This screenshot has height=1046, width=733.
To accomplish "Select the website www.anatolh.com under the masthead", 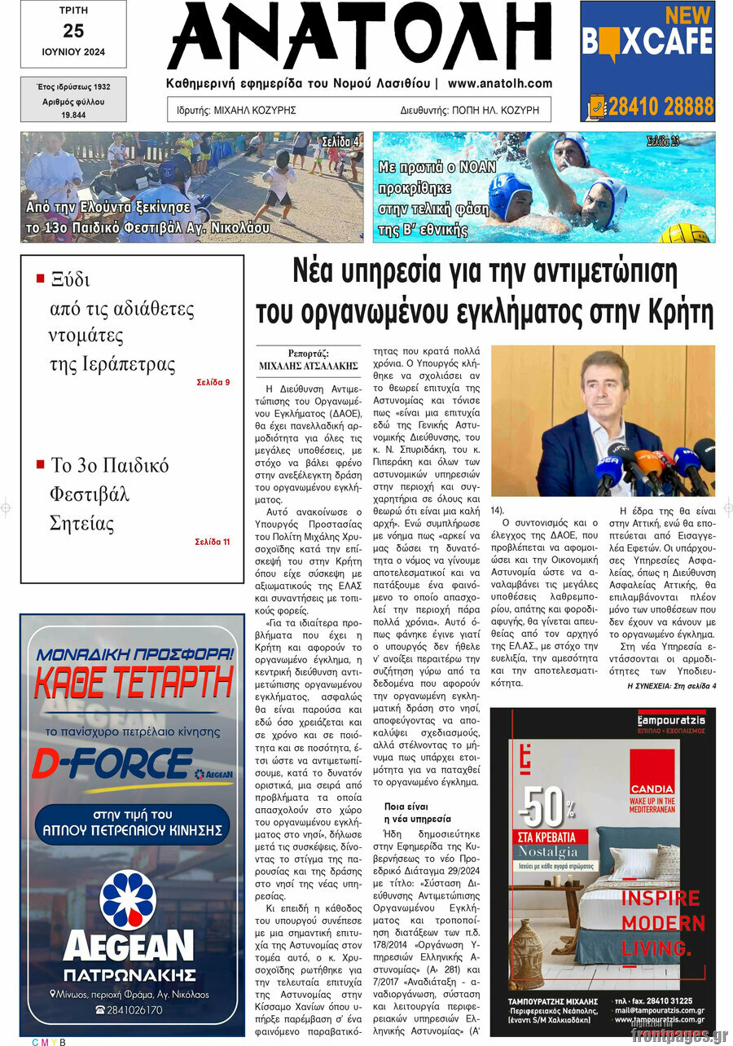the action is coord(499,83).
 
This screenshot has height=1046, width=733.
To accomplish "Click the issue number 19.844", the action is coord(73,116).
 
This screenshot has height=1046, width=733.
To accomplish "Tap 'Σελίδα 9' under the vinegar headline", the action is coord(213,382).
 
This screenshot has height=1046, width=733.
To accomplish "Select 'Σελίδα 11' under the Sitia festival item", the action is coord(213,542).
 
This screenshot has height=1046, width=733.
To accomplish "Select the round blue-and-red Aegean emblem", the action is coord(128,899).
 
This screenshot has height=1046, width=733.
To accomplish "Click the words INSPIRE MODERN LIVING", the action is coord(662,923).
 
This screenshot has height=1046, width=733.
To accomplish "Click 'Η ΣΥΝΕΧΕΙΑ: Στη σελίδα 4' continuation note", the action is coord(671,687).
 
